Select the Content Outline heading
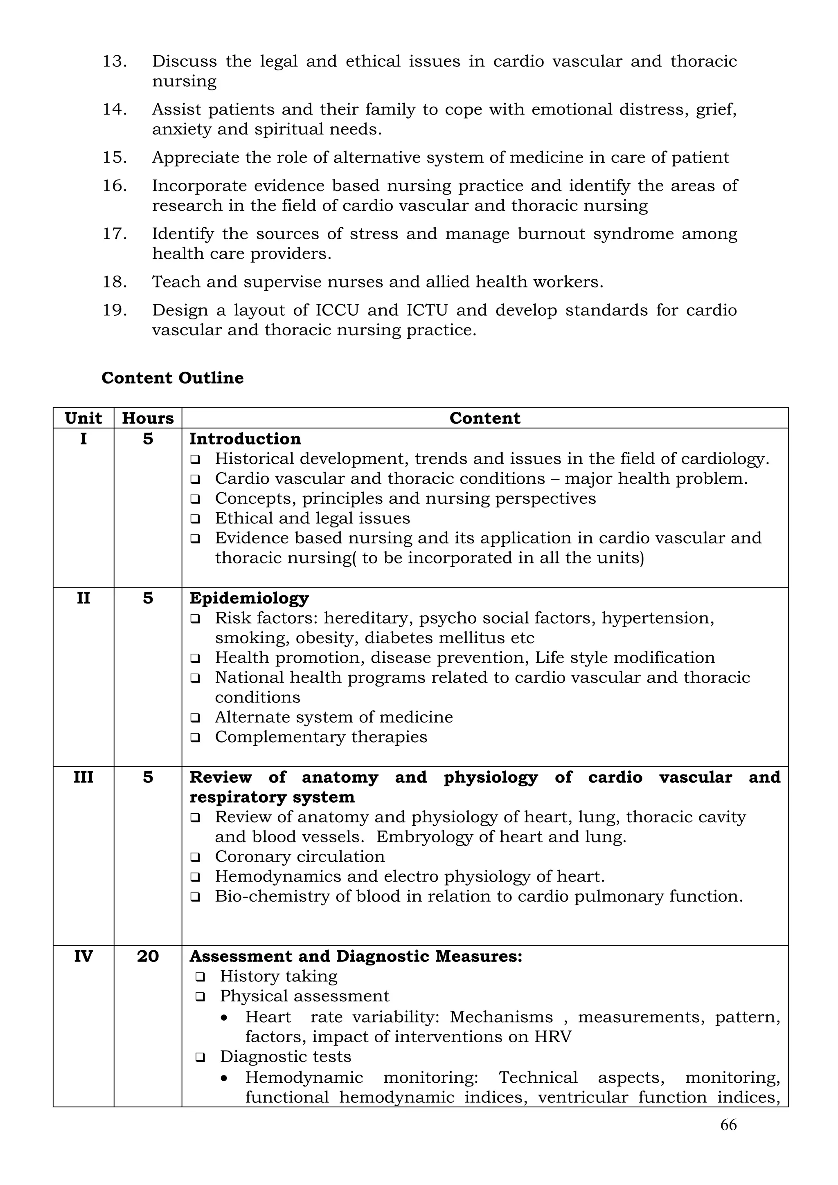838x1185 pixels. (172, 378)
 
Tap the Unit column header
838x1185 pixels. (83, 418)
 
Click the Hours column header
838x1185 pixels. (148, 418)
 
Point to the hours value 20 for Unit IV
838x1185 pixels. (148, 956)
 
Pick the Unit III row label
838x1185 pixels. (83, 777)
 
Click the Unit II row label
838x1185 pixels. (83, 598)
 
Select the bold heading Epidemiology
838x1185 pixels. (249, 598)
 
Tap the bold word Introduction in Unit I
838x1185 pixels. (245, 439)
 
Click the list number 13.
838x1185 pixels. (115, 61)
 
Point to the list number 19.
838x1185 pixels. (115, 310)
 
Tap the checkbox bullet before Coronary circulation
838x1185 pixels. (195, 857)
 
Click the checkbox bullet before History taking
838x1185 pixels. (200, 977)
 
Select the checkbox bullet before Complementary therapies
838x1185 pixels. (195, 738)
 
